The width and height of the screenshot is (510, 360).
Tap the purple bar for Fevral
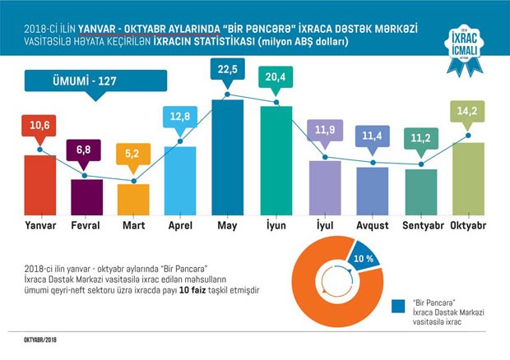click(x=86, y=196)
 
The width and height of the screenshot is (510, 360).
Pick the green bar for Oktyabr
click(x=467, y=177)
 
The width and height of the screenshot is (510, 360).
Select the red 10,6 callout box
click(x=39, y=127)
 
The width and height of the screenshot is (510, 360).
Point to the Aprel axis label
click(x=180, y=224)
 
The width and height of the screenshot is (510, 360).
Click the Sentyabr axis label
click(x=420, y=224)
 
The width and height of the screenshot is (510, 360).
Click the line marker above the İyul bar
click(x=325, y=158)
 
